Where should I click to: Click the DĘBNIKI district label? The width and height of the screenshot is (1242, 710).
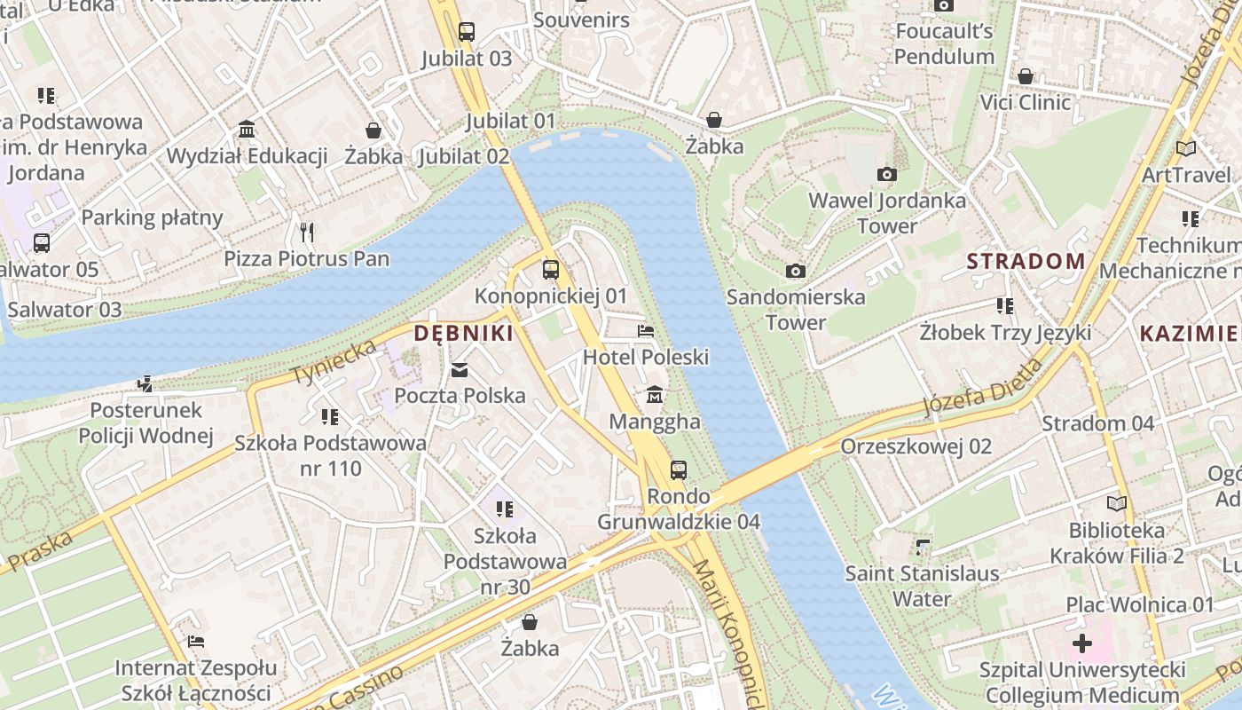coord(463,334)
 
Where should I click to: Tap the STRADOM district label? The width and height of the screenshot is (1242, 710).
coord(1026,261)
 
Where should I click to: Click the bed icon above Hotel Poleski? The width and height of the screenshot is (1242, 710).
coord(646,331)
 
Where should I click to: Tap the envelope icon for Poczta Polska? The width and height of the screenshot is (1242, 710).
coord(460,370)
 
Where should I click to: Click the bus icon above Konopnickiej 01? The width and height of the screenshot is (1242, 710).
coord(551,269)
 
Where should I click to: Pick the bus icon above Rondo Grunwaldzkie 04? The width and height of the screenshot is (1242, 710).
coord(679,469)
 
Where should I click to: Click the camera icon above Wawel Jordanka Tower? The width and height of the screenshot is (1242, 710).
coord(886,174)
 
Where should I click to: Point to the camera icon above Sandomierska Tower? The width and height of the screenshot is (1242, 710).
coord(796,271)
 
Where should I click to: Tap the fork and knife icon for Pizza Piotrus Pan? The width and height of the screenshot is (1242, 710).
coord(307,233)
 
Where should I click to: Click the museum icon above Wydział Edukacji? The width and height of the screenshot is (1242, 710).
coord(248,130)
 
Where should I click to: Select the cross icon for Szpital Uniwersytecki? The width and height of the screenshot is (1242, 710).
coord(1081,643)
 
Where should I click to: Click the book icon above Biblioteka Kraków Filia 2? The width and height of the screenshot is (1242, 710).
coord(1116,504)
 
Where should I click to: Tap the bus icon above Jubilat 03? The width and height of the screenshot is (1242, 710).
coord(467,33)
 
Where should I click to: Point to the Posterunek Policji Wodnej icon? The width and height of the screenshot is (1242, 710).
coord(145,384)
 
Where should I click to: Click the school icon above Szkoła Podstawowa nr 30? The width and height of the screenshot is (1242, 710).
coord(505,509)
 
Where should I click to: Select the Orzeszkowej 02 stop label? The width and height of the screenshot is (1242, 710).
coord(916,446)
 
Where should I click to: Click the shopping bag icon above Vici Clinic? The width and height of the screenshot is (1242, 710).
coord(1026,76)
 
